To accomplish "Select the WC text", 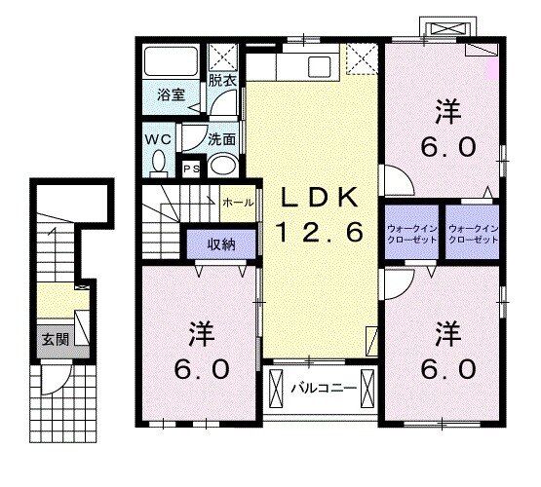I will (159, 139).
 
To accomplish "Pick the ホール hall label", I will (239, 203).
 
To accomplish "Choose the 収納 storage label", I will (218, 243).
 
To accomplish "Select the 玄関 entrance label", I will (54, 340).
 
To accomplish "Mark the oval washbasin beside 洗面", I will (223, 165).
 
